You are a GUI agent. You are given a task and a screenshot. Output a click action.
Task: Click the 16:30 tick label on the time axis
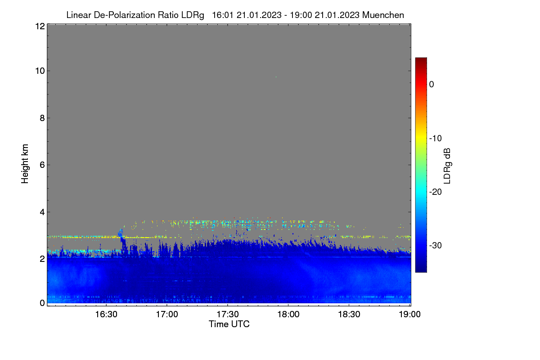(106, 315)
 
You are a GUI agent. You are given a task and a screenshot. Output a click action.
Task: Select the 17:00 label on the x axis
(167, 315)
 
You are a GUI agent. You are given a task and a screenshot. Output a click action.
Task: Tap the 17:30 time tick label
(228, 315)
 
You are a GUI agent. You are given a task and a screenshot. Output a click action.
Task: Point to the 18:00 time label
(288, 315)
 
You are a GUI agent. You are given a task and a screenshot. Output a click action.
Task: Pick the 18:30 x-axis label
(349, 315)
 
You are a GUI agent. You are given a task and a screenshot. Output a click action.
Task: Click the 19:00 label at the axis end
(409, 315)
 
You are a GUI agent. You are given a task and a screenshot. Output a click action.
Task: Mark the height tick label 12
(40, 26)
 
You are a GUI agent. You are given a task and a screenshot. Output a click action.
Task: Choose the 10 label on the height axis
(40, 71)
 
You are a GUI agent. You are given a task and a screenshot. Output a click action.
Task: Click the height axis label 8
(42, 118)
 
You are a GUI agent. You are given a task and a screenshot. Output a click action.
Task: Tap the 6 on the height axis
(42, 165)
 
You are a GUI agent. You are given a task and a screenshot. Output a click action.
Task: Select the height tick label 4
(42, 212)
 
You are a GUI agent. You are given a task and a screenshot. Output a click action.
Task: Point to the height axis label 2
(42, 259)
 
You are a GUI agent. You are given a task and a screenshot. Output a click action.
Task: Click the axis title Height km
(25, 164)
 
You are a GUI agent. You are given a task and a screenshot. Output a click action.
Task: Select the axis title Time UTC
(229, 324)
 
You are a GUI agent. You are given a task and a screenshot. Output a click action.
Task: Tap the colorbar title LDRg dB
(447, 166)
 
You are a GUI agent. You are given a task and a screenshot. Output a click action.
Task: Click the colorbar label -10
(436, 139)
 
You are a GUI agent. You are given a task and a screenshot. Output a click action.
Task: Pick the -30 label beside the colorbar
(436, 245)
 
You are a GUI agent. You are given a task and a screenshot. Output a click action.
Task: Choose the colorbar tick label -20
(436, 192)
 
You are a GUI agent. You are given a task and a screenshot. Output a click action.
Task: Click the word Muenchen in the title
(383, 15)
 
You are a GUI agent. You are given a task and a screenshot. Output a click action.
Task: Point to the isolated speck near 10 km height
(276, 77)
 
